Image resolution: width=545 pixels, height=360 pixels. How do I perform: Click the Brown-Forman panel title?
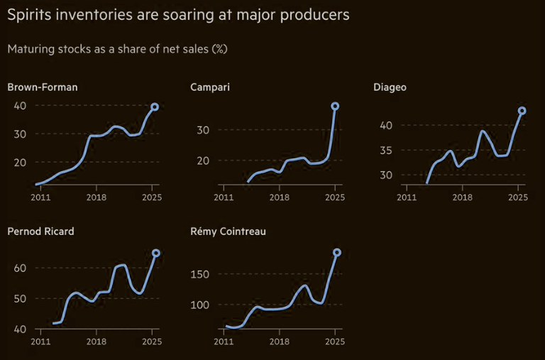[43, 87]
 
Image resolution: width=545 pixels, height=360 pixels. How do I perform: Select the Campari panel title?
[210, 87]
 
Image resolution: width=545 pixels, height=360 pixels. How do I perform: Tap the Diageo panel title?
[390, 87]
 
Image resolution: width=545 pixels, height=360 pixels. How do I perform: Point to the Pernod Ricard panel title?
[40, 231]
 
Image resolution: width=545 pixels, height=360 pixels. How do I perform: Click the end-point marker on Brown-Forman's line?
[155, 107]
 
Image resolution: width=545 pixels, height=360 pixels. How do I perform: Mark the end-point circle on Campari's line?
[335, 107]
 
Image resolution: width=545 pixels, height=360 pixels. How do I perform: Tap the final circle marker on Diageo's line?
[522, 111]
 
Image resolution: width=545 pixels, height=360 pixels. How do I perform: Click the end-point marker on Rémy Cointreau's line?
[337, 253]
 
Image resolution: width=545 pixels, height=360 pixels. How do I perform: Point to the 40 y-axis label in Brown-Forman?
[20, 106]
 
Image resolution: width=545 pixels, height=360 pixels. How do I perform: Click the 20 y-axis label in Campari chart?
[203, 160]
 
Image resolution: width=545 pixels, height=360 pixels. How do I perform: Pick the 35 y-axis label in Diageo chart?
[386, 151]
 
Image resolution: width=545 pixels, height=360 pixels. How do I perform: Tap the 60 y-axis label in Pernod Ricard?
[20, 268]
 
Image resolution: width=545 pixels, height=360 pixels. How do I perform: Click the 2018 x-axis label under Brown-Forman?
[97, 196]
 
